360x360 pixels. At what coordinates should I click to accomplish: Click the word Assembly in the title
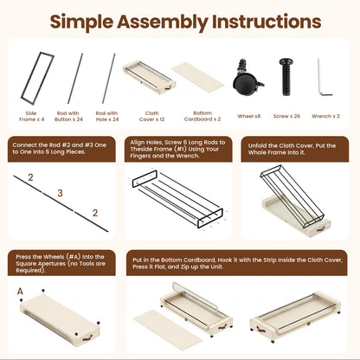(163, 22)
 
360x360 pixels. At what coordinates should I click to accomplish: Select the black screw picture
(286, 77)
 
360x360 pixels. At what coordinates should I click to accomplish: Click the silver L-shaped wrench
(325, 77)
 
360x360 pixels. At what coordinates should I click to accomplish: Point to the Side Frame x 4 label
(32, 116)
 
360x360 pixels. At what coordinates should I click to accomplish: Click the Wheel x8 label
(249, 116)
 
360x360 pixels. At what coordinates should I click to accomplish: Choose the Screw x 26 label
(286, 116)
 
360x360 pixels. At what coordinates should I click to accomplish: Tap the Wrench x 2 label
(325, 116)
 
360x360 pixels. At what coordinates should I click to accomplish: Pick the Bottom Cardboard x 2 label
(202, 116)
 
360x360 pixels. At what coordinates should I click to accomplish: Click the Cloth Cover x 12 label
(151, 116)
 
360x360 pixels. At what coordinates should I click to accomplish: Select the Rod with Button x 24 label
(68, 116)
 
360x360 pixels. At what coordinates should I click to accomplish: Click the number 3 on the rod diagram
(60, 193)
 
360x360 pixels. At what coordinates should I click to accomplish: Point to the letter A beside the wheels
(20, 292)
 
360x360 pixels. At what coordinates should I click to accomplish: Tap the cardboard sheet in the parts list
(198, 78)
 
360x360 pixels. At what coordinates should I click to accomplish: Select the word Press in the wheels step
(23, 257)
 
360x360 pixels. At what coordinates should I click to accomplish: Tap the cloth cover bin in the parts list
(149, 77)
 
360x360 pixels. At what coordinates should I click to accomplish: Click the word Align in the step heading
(138, 143)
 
